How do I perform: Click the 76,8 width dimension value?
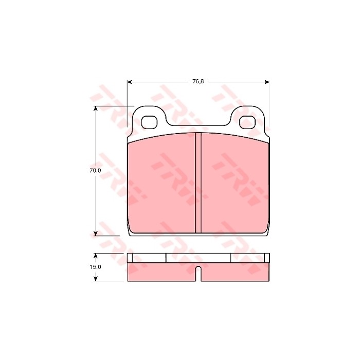coord(198,82)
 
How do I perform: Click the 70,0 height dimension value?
coord(95,171)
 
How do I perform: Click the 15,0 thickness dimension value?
coord(95,267)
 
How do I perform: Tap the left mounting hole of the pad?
coord(149,122)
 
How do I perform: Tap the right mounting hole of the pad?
coord(247,122)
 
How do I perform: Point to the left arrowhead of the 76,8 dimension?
coord(130,82)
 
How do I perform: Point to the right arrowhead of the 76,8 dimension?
coord(267,82)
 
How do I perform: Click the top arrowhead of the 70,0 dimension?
coord(96,109)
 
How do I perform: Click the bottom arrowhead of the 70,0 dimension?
coord(96,233)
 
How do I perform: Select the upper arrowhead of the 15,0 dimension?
coord(96,256)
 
